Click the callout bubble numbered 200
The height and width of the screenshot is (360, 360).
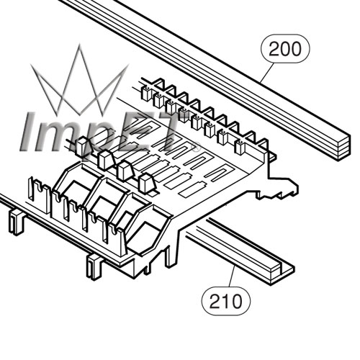click(285, 49)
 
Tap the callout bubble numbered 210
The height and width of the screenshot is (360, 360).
click(226, 301)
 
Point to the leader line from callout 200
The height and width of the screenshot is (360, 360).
click(267, 73)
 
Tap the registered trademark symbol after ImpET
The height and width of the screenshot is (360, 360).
click(196, 147)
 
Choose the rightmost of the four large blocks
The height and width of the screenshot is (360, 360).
click(147, 184)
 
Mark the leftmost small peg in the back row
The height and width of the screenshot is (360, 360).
click(145, 93)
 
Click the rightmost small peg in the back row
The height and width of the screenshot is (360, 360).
click(239, 147)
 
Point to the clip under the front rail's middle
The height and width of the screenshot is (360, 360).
click(94, 267)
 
